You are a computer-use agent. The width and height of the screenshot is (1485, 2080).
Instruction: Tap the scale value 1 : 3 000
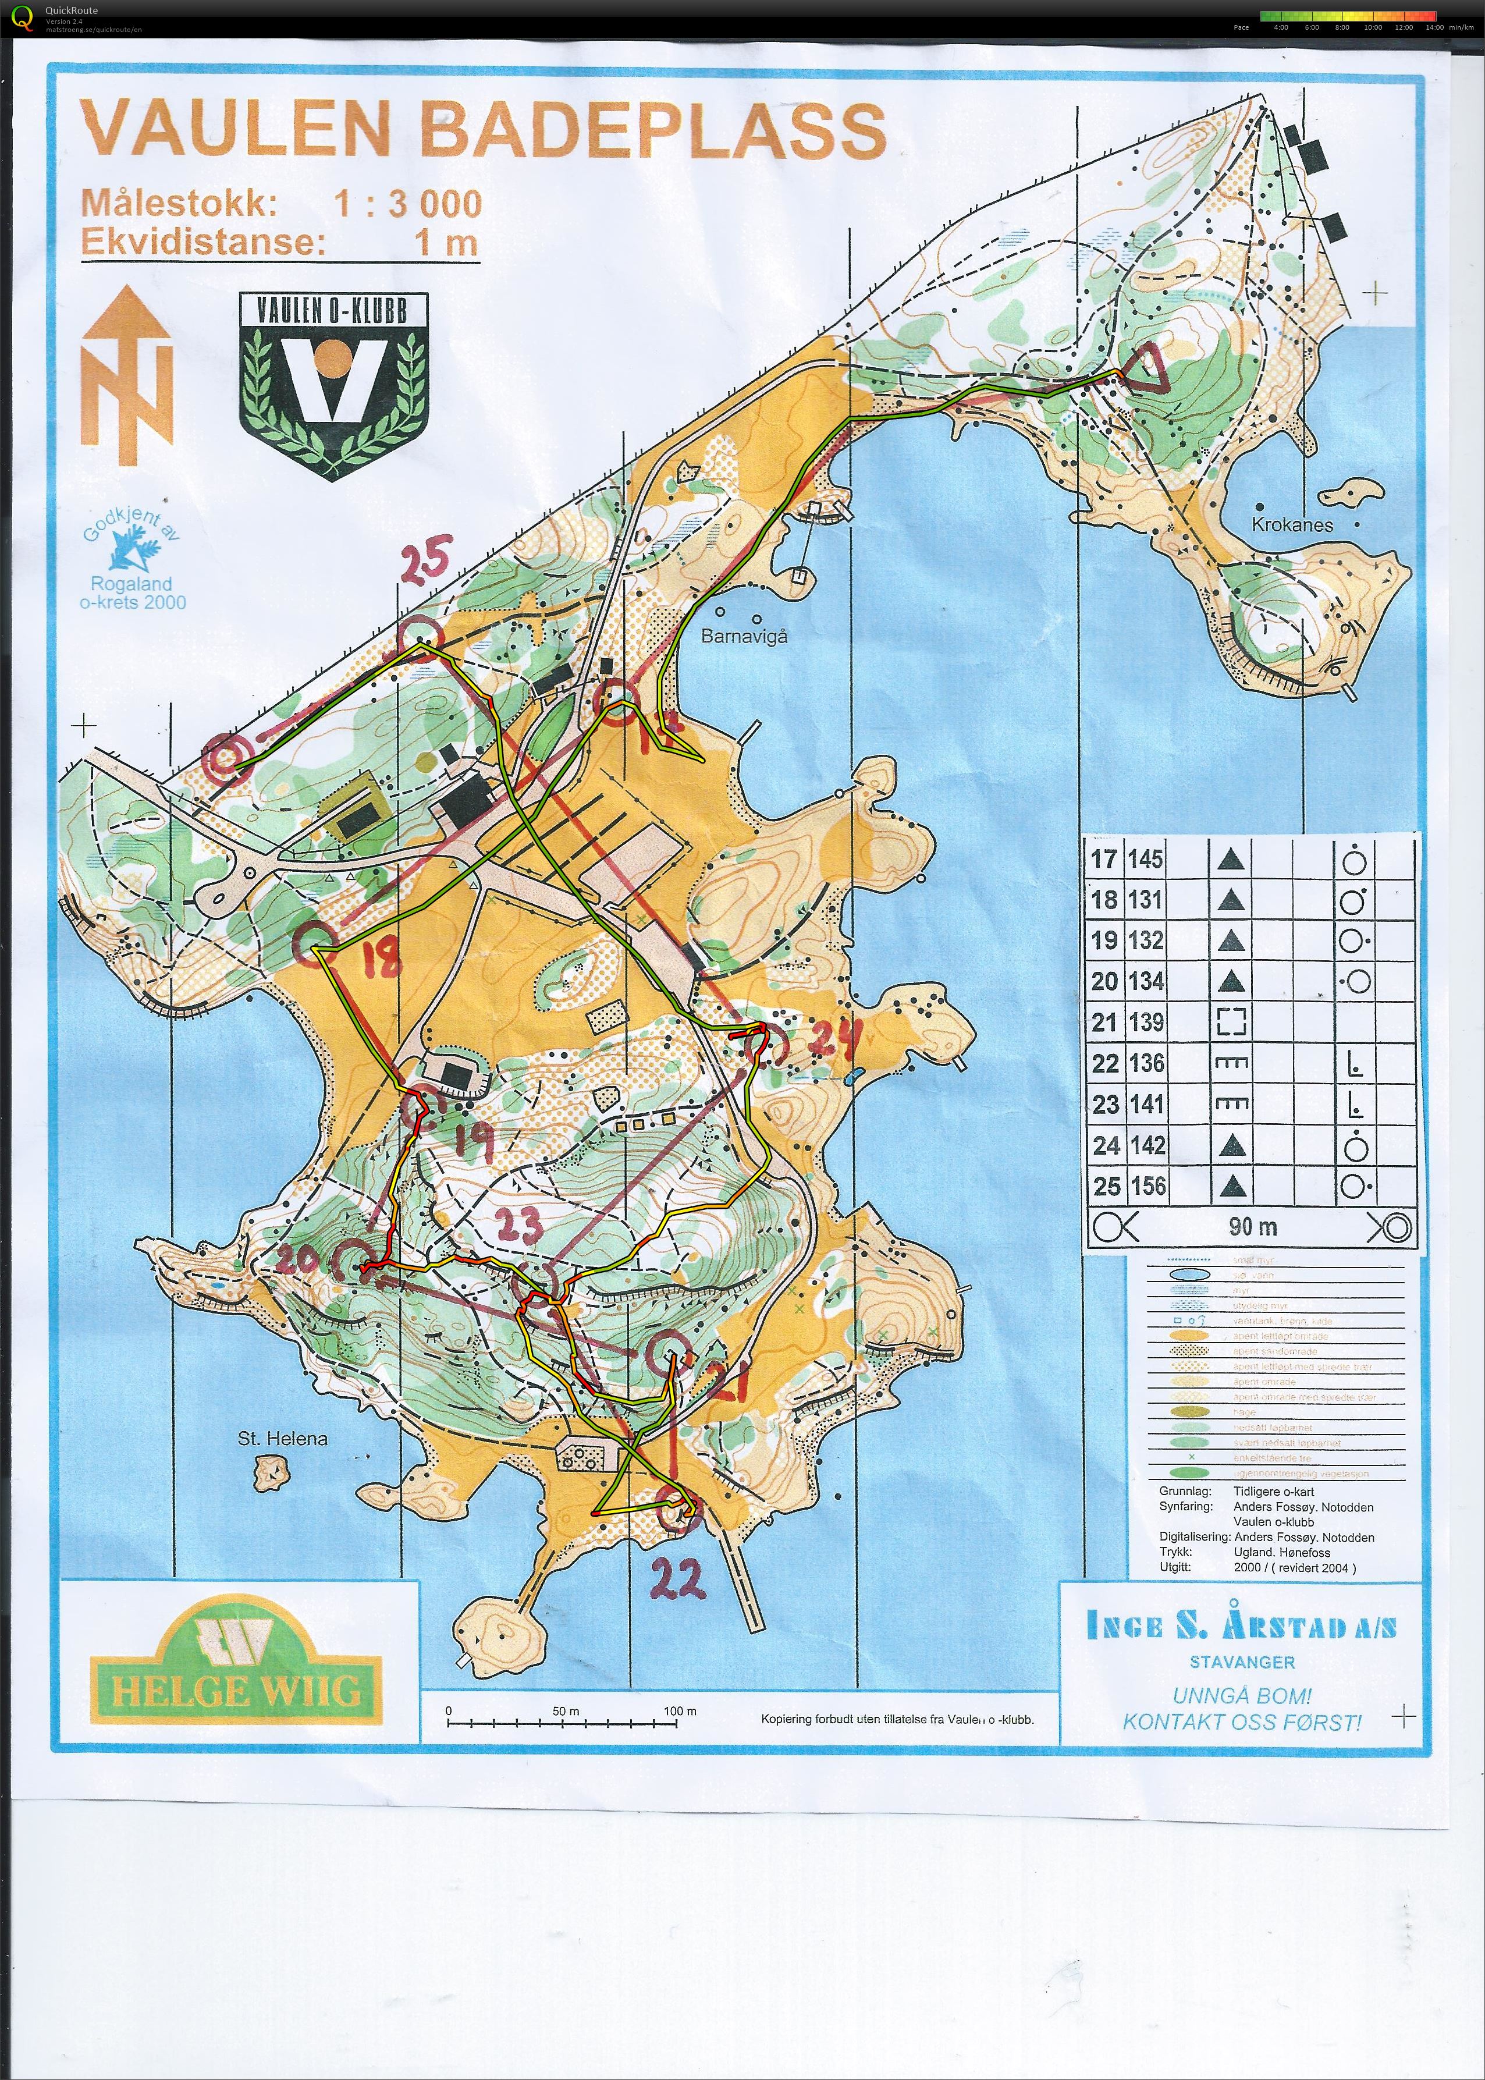[407, 204]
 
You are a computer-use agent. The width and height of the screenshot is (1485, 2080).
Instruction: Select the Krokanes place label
[1291, 525]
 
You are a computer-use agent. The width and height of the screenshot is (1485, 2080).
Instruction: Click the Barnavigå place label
[744, 636]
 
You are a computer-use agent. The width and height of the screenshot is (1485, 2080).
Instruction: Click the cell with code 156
[1147, 1186]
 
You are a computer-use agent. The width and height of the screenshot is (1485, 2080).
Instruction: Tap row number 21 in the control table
[1104, 1022]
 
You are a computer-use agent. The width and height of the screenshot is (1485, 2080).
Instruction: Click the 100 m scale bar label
[680, 1710]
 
